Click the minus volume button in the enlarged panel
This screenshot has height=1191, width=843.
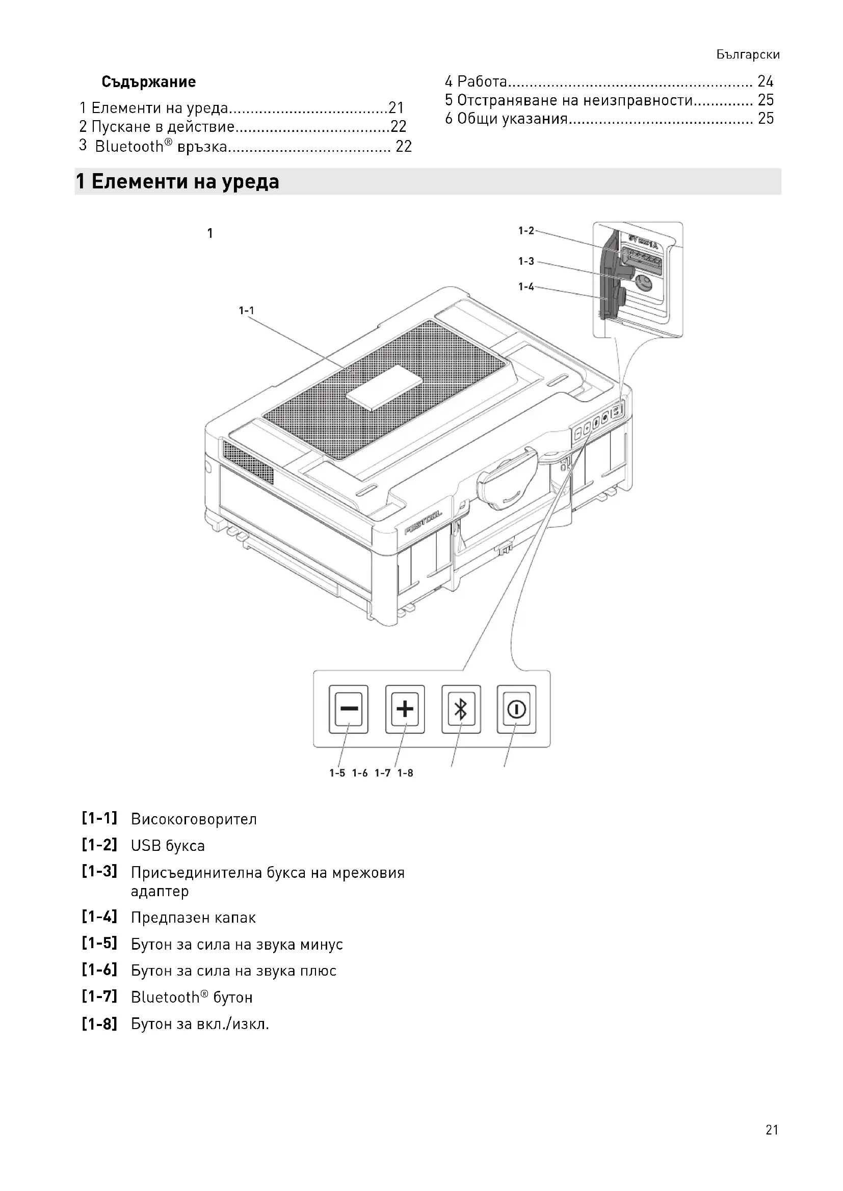point(348,709)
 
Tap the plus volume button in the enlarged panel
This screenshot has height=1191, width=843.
point(405,709)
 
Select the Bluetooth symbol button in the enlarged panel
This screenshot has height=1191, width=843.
point(461,709)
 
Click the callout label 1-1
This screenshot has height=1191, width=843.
point(247,311)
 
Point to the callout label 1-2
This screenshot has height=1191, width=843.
point(526,231)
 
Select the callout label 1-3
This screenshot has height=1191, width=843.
point(526,261)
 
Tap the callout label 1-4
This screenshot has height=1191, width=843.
point(526,287)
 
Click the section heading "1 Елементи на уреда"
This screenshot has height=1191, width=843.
point(177,182)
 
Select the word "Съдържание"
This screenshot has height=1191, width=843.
point(148,82)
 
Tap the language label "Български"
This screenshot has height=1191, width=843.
point(748,55)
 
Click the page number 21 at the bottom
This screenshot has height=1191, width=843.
point(771,1130)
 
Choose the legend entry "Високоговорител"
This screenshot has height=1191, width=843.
point(194,820)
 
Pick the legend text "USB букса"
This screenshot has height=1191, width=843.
point(168,846)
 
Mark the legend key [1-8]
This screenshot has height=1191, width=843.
point(99,1024)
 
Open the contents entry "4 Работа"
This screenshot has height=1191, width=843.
point(476,81)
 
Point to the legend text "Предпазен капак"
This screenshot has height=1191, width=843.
point(193,918)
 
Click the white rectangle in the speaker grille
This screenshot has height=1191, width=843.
point(385,387)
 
